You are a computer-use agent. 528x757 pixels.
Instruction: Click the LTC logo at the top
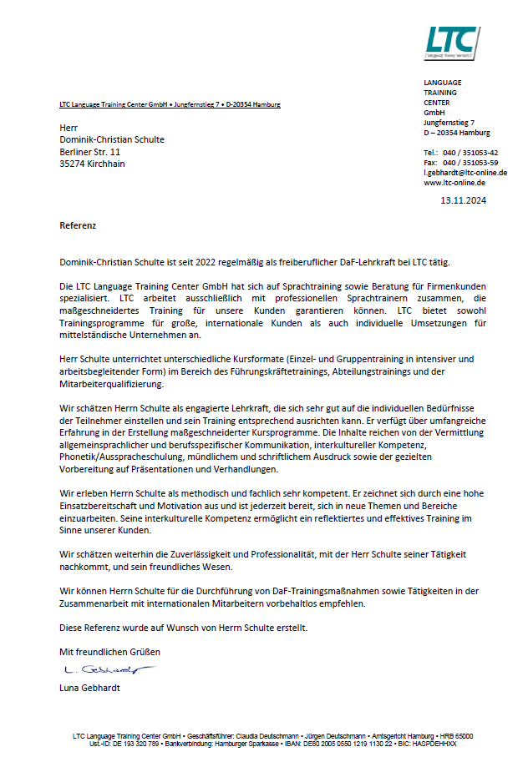pos(452,42)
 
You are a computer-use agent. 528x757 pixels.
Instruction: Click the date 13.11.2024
pos(463,200)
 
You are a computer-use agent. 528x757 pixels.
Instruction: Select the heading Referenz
pos(78,225)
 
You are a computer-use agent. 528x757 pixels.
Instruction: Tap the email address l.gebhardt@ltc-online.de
pos(465,173)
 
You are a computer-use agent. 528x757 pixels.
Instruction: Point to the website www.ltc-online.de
pos(454,182)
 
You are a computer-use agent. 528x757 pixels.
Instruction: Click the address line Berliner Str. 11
pos(90,152)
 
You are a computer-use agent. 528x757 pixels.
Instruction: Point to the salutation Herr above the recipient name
pos(68,127)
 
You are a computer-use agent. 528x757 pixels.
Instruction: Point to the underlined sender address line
pos(170,104)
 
